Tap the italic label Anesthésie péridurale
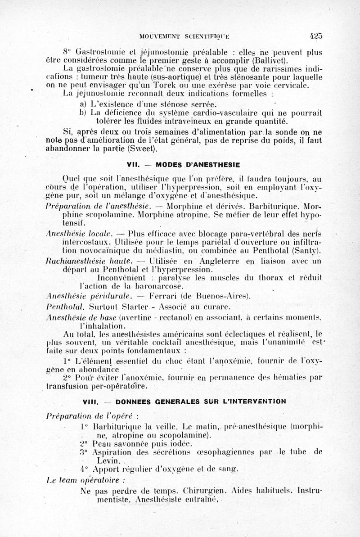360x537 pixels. point(89,296)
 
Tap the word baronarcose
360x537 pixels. point(156,286)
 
